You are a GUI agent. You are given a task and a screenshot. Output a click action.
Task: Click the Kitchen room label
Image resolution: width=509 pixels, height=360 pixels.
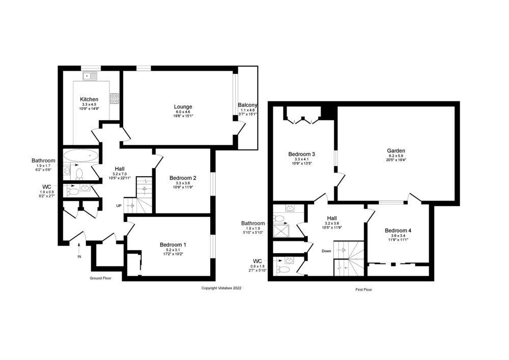point(89,99)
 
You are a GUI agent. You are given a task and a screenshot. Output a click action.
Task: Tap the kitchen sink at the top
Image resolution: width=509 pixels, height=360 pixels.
point(90,76)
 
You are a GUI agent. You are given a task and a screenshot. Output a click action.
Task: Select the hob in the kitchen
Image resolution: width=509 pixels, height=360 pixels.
point(115,98)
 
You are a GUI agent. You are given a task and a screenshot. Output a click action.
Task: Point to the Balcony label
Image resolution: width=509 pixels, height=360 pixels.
point(247,105)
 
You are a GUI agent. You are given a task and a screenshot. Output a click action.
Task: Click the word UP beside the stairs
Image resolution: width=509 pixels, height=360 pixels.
point(119,206)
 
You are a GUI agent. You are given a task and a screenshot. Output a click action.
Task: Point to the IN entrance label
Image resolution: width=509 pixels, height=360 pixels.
point(79,257)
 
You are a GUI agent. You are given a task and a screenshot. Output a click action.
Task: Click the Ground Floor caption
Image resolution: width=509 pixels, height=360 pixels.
point(100,279)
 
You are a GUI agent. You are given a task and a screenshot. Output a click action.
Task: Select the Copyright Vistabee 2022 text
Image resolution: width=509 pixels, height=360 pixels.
point(221,288)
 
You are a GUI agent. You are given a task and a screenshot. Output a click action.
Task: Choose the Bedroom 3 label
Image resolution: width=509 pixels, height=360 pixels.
point(302,154)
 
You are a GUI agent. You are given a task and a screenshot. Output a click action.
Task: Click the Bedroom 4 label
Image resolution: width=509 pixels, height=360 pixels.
point(398,230)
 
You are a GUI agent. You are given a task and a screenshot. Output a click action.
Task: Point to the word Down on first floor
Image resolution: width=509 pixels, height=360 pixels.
point(326,251)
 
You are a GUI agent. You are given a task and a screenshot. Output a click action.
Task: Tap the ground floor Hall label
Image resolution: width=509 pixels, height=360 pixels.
point(120,169)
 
